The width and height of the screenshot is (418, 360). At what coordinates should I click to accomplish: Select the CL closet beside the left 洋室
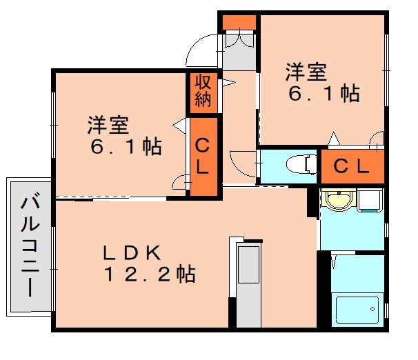(x=203, y=157)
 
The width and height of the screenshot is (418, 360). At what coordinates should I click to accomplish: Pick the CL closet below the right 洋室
(x=351, y=166)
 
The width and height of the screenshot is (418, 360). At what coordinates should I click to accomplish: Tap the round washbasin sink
(x=338, y=201)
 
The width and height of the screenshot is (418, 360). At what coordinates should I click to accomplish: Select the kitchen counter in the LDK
(x=247, y=283)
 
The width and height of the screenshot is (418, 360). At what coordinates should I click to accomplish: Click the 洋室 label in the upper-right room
(x=306, y=72)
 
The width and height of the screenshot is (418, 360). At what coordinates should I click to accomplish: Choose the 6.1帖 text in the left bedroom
(x=125, y=146)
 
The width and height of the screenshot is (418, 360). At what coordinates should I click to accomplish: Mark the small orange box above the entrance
(x=239, y=21)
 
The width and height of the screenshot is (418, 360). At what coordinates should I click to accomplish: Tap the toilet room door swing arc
(x=241, y=163)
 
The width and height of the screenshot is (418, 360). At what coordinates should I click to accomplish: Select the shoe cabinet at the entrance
(x=239, y=51)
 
